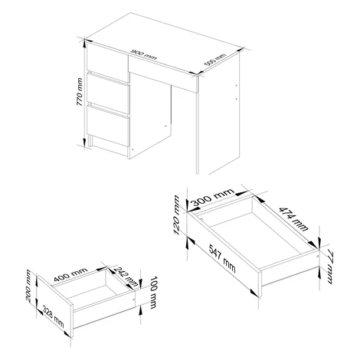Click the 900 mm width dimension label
[143, 54]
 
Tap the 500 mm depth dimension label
[215, 60]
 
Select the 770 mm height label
[80, 92]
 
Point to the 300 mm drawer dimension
[213, 198]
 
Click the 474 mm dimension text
[293, 219]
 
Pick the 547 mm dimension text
[222, 258]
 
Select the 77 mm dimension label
[329, 267]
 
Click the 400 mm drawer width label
[70, 274]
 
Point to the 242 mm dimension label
[126, 277]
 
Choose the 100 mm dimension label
[153, 293]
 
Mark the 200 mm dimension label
[28, 285]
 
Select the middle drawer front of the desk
[108, 93]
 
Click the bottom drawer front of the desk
[108, 126]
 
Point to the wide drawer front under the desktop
[163, 74]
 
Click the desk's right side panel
[219, 113]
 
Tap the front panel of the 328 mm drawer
[55, 305]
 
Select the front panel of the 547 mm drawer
[224, 254]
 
